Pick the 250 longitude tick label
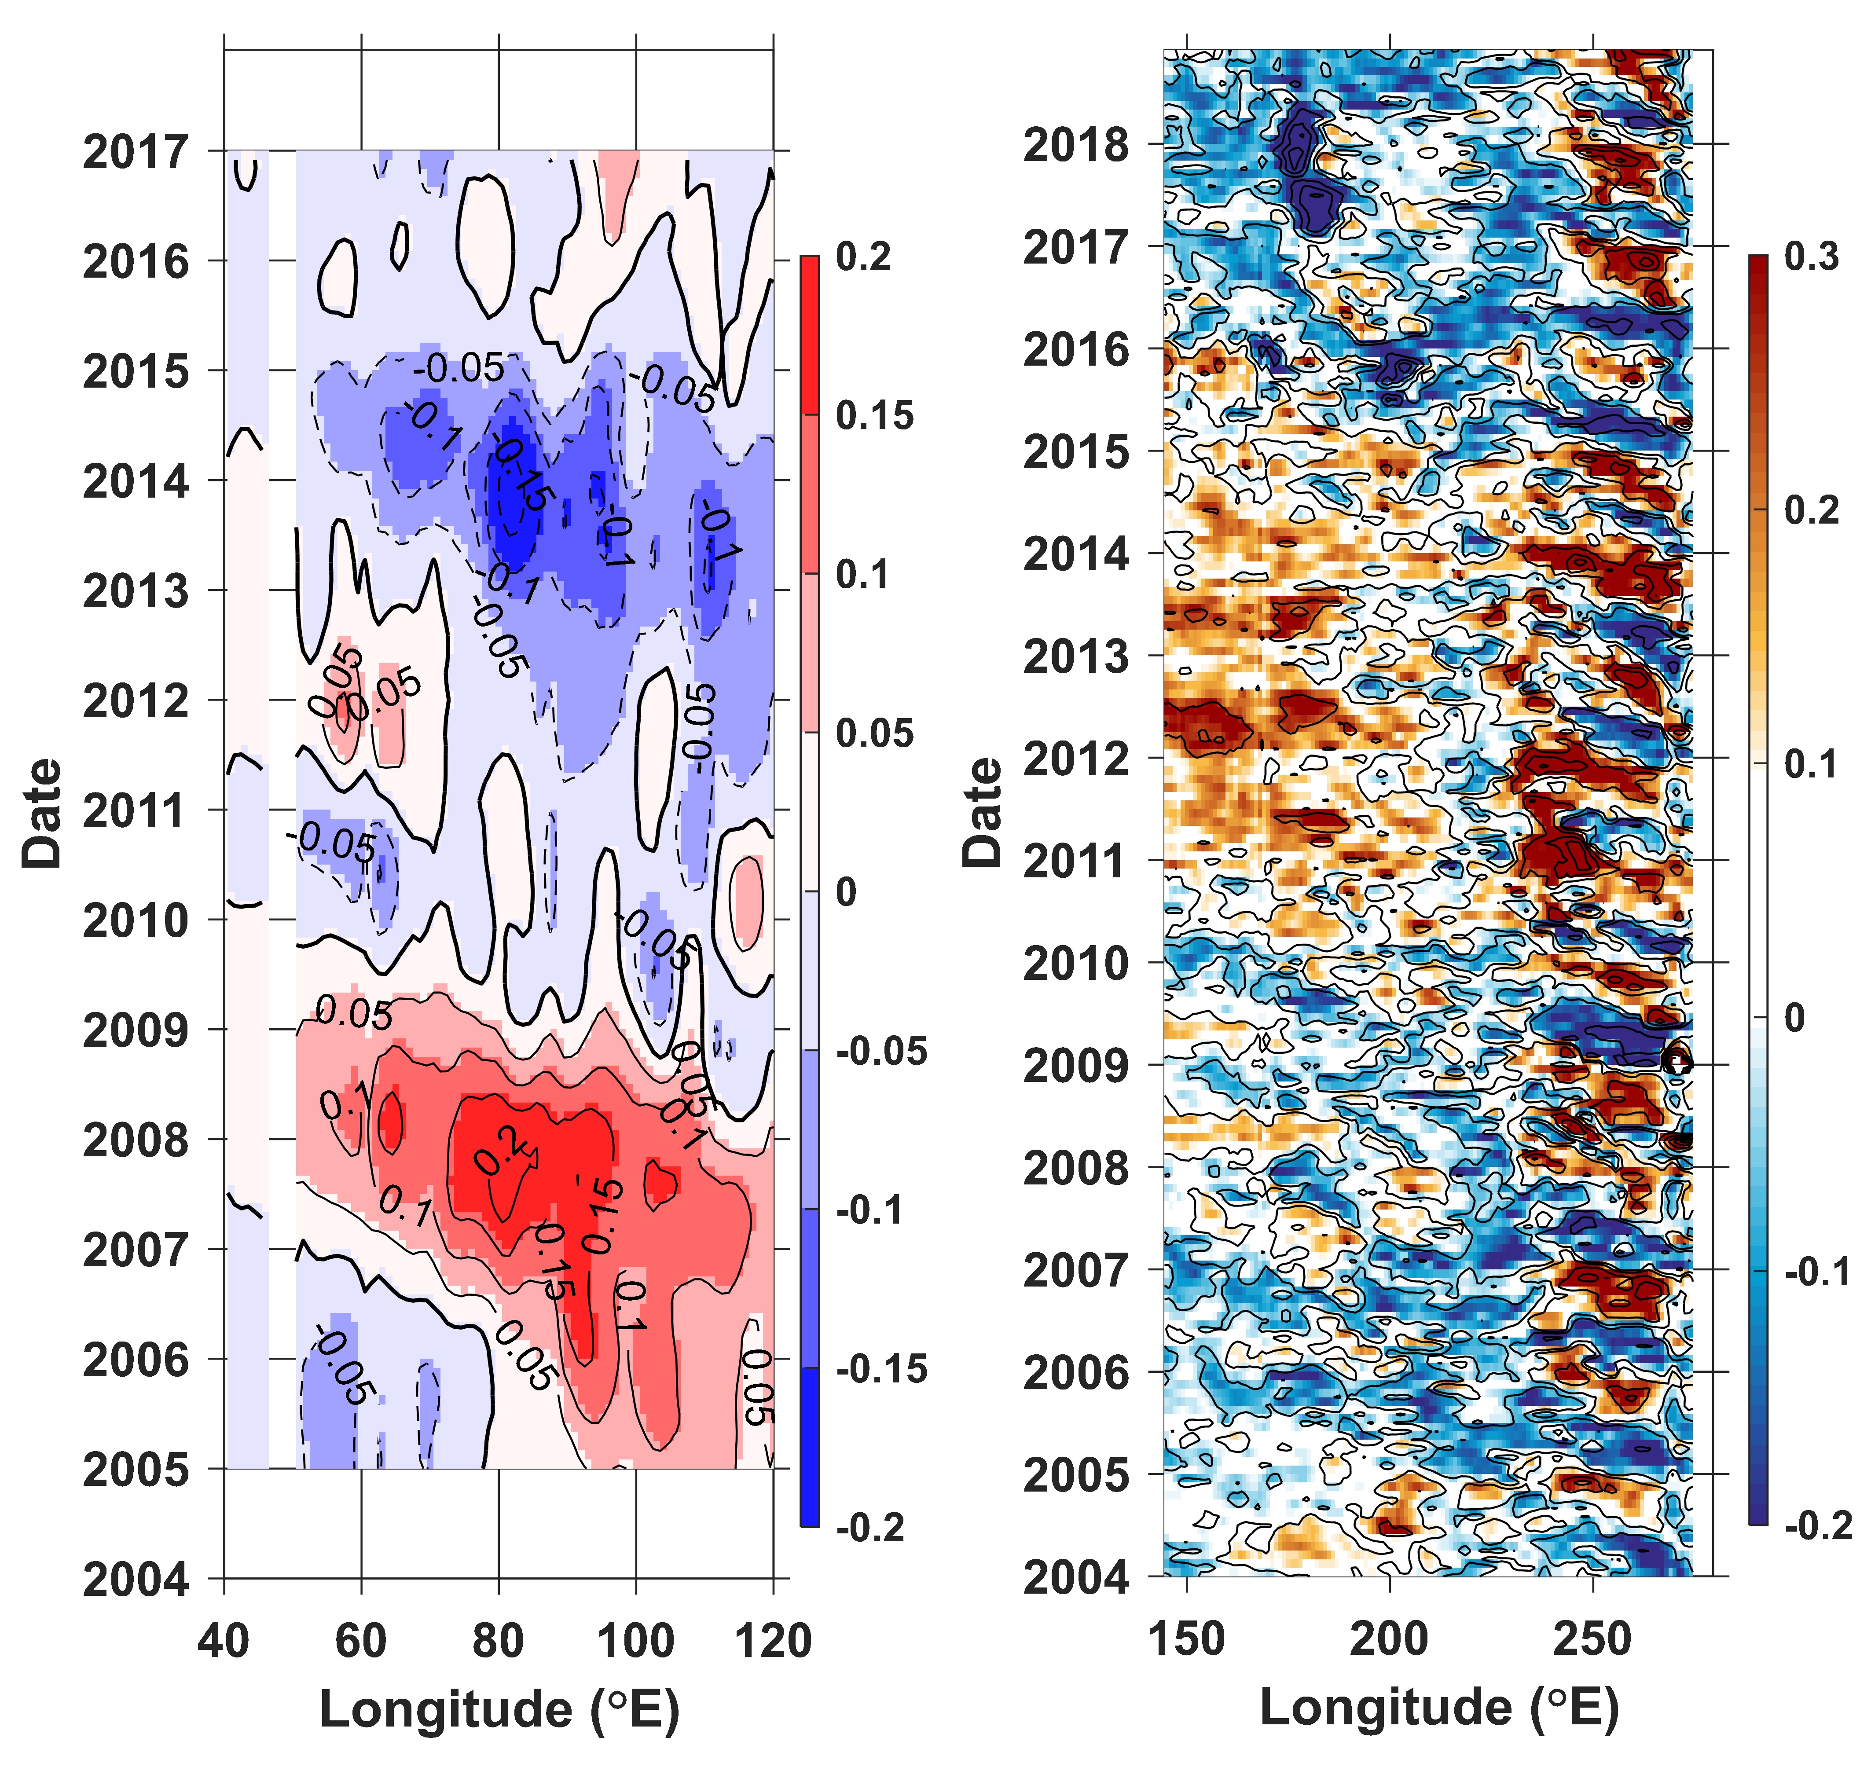[x=1592, y=1639]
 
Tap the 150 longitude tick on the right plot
[x=1186, y=1639]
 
